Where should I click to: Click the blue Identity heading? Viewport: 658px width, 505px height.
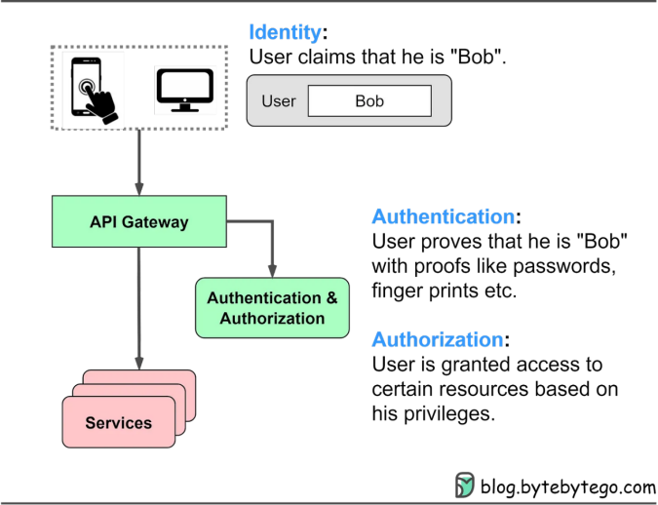coord(285,32)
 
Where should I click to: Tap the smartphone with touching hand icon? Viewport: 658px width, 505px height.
coord(94,89)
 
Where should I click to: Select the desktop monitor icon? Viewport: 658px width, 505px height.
coord(186,89)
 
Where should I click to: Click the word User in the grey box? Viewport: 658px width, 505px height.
coord(279,100)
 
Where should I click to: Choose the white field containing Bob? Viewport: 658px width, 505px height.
coord(369,100)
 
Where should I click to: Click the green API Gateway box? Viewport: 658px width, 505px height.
coord(138,221)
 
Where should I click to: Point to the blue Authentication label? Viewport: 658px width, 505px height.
coord(443,216)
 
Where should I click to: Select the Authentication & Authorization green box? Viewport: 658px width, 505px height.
coord(272,308)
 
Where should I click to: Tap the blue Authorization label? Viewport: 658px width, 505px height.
coord(438,339)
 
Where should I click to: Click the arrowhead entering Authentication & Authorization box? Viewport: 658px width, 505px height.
coord(272,271)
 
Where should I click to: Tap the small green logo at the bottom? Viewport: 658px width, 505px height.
coord(465,485)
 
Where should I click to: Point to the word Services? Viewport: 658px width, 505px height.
coord(119,423)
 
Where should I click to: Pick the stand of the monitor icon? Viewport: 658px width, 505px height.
coord(186,106)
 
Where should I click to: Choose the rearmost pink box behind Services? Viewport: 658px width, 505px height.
coord(185,379)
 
